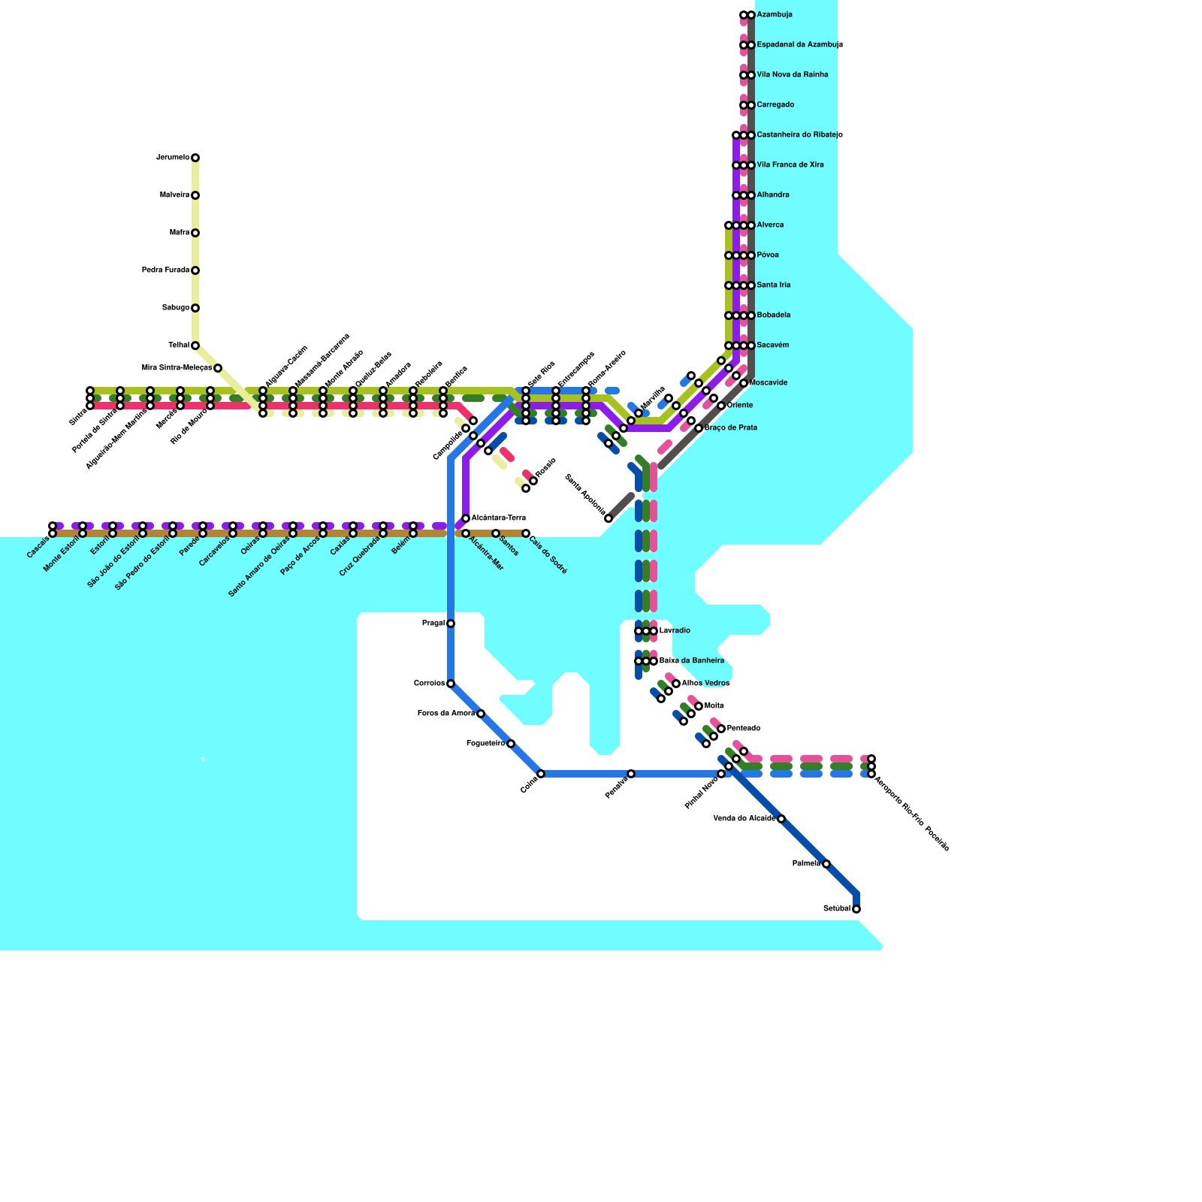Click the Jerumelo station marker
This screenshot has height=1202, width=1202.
click(195, 158)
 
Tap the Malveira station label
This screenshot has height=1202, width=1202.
click(174, 195)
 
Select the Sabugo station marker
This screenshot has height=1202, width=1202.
click(195, 308)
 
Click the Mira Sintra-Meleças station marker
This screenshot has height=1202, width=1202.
click(218, 368)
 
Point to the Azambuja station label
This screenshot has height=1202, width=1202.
click(775, 15)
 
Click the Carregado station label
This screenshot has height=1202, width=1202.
click(775, 105)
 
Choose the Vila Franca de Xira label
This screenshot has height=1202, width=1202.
click(790, 165)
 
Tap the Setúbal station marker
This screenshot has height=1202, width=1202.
click(856, 909)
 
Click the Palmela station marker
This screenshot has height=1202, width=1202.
click(826, 864)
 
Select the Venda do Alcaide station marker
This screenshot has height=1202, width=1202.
click(781, 819)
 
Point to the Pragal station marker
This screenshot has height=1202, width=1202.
click(451, 624)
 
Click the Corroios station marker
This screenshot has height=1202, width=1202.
click(451, 684)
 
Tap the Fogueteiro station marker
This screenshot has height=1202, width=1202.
click(511, 744)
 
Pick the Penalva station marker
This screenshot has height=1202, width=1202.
click(631, 774)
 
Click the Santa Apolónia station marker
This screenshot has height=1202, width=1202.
click(609, 518)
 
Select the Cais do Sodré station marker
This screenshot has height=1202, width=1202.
click(526, 533)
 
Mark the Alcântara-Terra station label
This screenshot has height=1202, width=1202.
click(499, 518)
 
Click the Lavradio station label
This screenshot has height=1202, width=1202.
click(675, 631)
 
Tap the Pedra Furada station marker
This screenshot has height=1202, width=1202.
click(195, 270)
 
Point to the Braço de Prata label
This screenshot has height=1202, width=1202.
click(731, 428)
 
